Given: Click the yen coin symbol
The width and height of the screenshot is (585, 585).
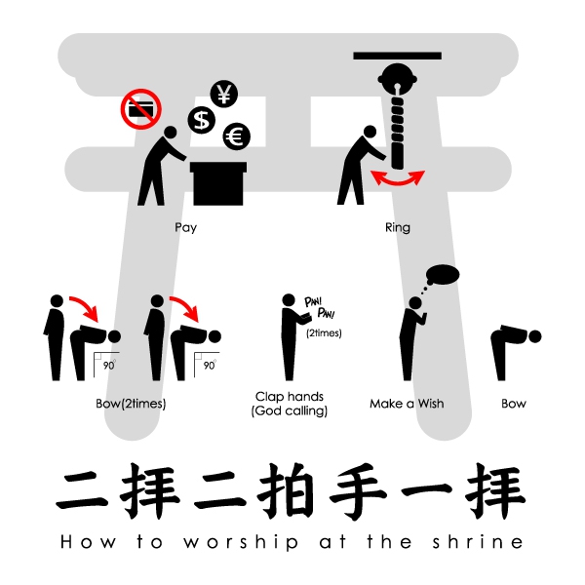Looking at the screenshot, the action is coord(224,94).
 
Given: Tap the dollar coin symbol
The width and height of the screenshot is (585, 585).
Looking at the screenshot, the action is coord(202,120).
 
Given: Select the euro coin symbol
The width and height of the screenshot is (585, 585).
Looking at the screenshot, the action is coord(237,136).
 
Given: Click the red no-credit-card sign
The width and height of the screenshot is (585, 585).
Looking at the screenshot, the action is coord(141,109).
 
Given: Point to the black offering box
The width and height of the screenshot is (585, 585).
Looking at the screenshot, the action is coord(218,183).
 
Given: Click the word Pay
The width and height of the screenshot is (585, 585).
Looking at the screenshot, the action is coord(186,227).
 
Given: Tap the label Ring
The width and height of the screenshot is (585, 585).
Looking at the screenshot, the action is coord(398,227).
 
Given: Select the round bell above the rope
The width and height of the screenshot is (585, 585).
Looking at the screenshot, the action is coord(398,78).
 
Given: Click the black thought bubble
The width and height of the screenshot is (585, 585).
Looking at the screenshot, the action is coord(443,274).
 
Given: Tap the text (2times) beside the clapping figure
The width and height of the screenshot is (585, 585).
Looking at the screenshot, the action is coord(324,332).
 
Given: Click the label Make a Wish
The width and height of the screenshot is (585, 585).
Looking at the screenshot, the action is coord(407,404).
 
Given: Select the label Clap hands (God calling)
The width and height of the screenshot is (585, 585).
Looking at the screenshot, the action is coord(290,404).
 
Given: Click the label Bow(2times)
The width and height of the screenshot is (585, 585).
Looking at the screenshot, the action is coord(131,404).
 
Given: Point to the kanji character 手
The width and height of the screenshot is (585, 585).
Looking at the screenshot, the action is coord(358,491).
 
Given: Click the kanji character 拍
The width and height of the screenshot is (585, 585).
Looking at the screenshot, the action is coord(287,491).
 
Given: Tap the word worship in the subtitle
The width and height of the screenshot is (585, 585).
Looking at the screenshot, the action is coord(241,542).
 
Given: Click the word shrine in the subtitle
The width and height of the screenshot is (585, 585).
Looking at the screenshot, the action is coord(478,542).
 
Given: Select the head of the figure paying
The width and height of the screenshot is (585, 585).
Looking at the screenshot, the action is coord(170,132).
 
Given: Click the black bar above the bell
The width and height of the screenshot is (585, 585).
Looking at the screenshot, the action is coord(398,56).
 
